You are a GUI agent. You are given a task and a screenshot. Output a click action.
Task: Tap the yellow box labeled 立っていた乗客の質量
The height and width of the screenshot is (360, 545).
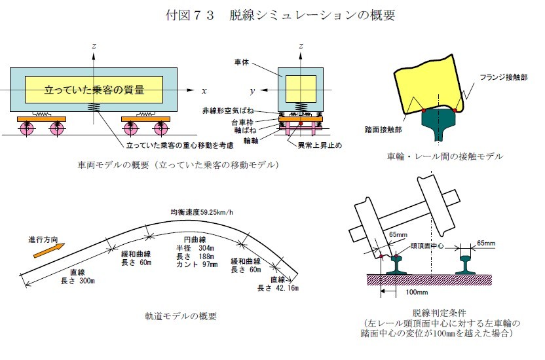[x=94, y=89]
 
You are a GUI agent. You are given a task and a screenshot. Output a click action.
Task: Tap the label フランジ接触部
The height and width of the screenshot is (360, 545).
[x=502, y=77]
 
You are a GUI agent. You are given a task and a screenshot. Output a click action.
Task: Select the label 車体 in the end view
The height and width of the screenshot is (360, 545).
[x=241, y=62]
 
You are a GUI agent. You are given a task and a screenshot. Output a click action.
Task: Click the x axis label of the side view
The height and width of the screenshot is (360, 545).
[x=204, y=90]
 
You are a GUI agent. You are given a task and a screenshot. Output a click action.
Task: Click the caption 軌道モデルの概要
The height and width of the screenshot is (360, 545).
[x=181, y=316]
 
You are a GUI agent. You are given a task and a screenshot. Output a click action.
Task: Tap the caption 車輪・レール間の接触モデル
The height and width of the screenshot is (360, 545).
[x=445, y=156]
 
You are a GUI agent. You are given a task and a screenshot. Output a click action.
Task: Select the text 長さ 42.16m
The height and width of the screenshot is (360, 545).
[x=277, y=288]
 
